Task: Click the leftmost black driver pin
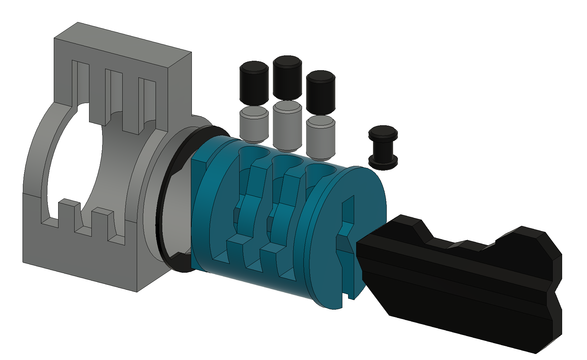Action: (x=254, y=83)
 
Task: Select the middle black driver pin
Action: (x=287, y=78)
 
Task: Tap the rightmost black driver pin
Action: (x=321, y=92)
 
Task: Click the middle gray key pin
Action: (x=287, y=126)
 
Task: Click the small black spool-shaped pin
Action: (x=383, y=148)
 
